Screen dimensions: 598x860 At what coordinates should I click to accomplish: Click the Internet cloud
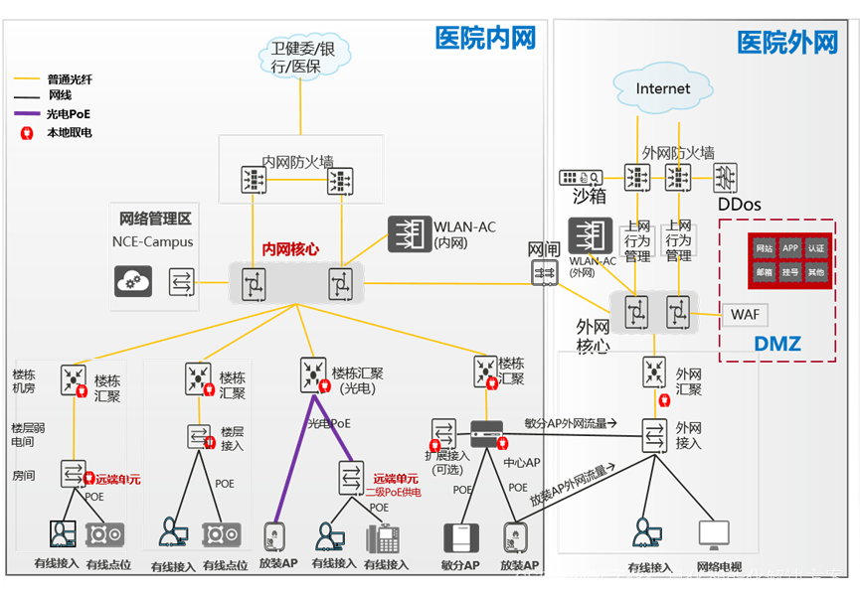click(x=663, y=88)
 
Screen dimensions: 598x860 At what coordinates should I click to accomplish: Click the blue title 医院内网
click(x=485, y=38)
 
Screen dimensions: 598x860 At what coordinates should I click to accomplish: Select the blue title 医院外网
click(x=787, y=43)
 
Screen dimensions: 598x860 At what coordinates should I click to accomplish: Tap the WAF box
click(x=746, y=315)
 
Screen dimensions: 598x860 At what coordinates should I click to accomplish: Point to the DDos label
click(x=739, y=205)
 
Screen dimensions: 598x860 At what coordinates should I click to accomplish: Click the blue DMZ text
click(x=776, y=344)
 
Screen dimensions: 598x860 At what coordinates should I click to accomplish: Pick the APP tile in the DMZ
click(x=789, y=247)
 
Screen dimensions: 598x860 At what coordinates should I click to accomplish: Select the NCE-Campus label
click(x=153, y=241)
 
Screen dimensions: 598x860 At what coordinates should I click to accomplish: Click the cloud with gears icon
click(x=133, y=282)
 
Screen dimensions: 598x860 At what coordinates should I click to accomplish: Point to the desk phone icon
click(x=384, y=538)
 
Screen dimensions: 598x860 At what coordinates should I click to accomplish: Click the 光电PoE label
click(x=329, y=423)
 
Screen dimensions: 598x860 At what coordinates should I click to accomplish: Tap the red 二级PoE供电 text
click(x=393, y=491)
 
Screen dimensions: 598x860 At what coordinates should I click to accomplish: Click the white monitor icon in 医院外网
click(x=714, y=532)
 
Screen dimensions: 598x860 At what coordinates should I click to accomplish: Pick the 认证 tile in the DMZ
click(x=815, y=247)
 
